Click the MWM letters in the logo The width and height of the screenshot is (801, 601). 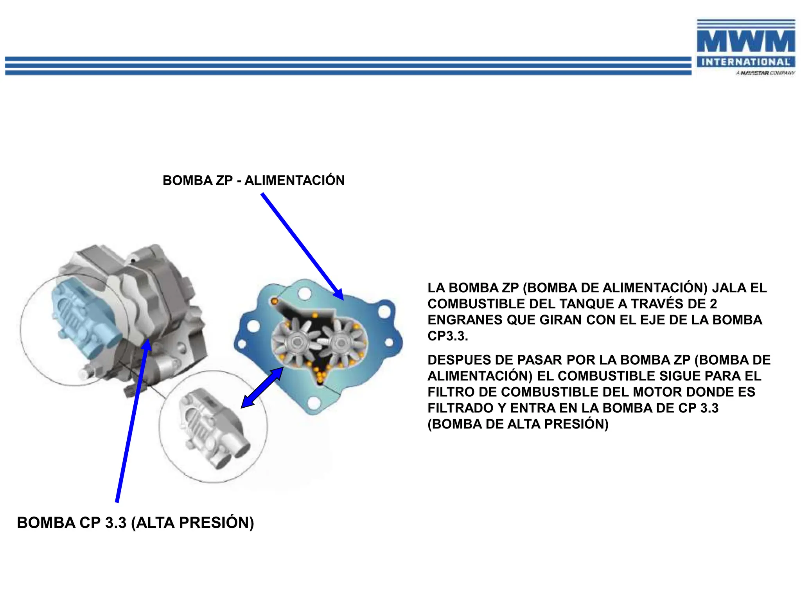(745, 41)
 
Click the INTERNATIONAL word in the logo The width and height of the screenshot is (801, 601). (745, 62)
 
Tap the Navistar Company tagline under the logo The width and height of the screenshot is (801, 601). (765, 73)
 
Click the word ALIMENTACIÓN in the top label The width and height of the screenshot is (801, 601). (294, 180)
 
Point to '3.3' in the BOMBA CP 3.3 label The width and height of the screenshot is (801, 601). (116, 523)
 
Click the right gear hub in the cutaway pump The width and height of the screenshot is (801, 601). (341, 343)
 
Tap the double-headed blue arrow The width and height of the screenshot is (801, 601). (262, 388)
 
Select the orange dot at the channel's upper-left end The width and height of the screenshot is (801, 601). (275, 301)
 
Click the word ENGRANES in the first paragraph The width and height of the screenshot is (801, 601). (465, 320)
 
